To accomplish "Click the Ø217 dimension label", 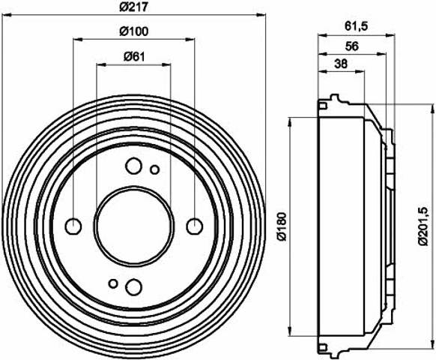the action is coord(133,7).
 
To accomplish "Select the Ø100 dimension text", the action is coord(134,31).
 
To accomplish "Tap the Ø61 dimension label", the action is coord(134,56).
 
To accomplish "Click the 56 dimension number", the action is coord(352,46).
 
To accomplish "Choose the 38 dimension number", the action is coord(341,64).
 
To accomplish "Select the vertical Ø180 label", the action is coord(282,226).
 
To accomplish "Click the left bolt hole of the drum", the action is coord(73,226).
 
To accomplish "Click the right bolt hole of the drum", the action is coord(194,226).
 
